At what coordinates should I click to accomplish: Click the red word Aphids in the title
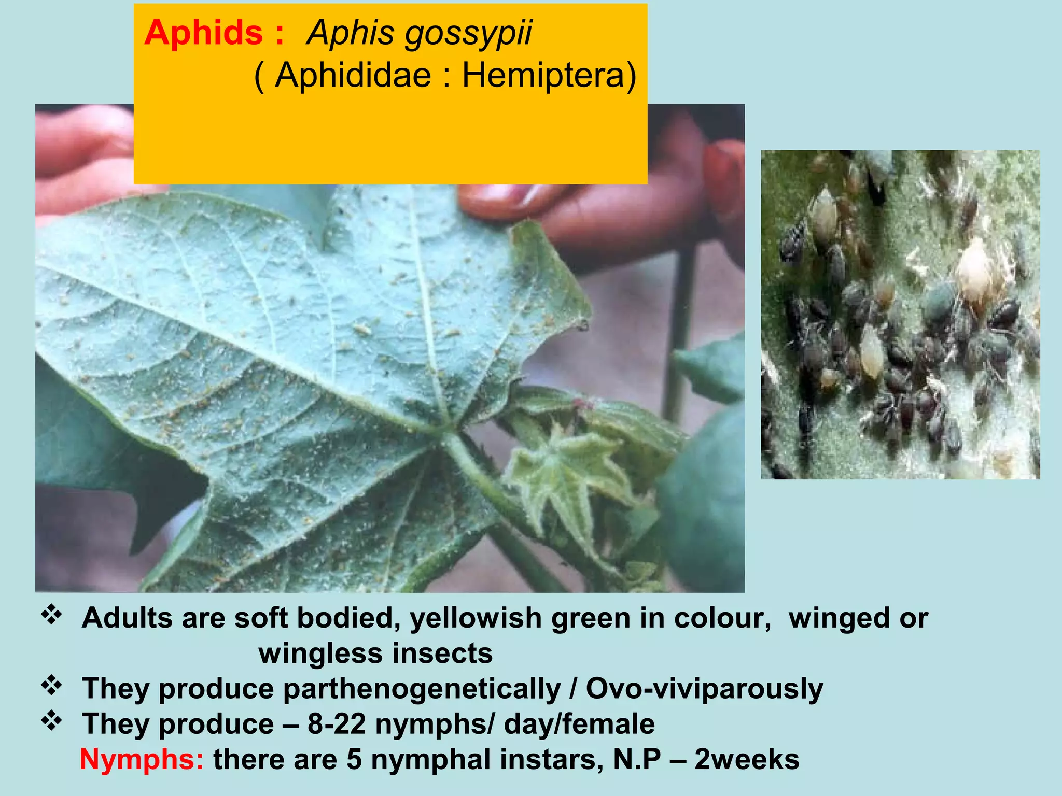[203, 33]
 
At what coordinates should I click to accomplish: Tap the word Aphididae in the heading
[353, 76]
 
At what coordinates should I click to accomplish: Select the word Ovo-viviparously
[704, 689]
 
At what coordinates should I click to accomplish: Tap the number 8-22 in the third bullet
[337, 724]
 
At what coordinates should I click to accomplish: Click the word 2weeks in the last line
[747, 760]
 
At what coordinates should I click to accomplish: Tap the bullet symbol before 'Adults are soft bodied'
[51, 616]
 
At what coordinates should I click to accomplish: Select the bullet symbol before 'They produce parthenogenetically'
[51, 686]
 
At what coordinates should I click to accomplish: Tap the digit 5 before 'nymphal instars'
[354, 760]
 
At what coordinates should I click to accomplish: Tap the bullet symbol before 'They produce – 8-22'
[51, 721]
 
